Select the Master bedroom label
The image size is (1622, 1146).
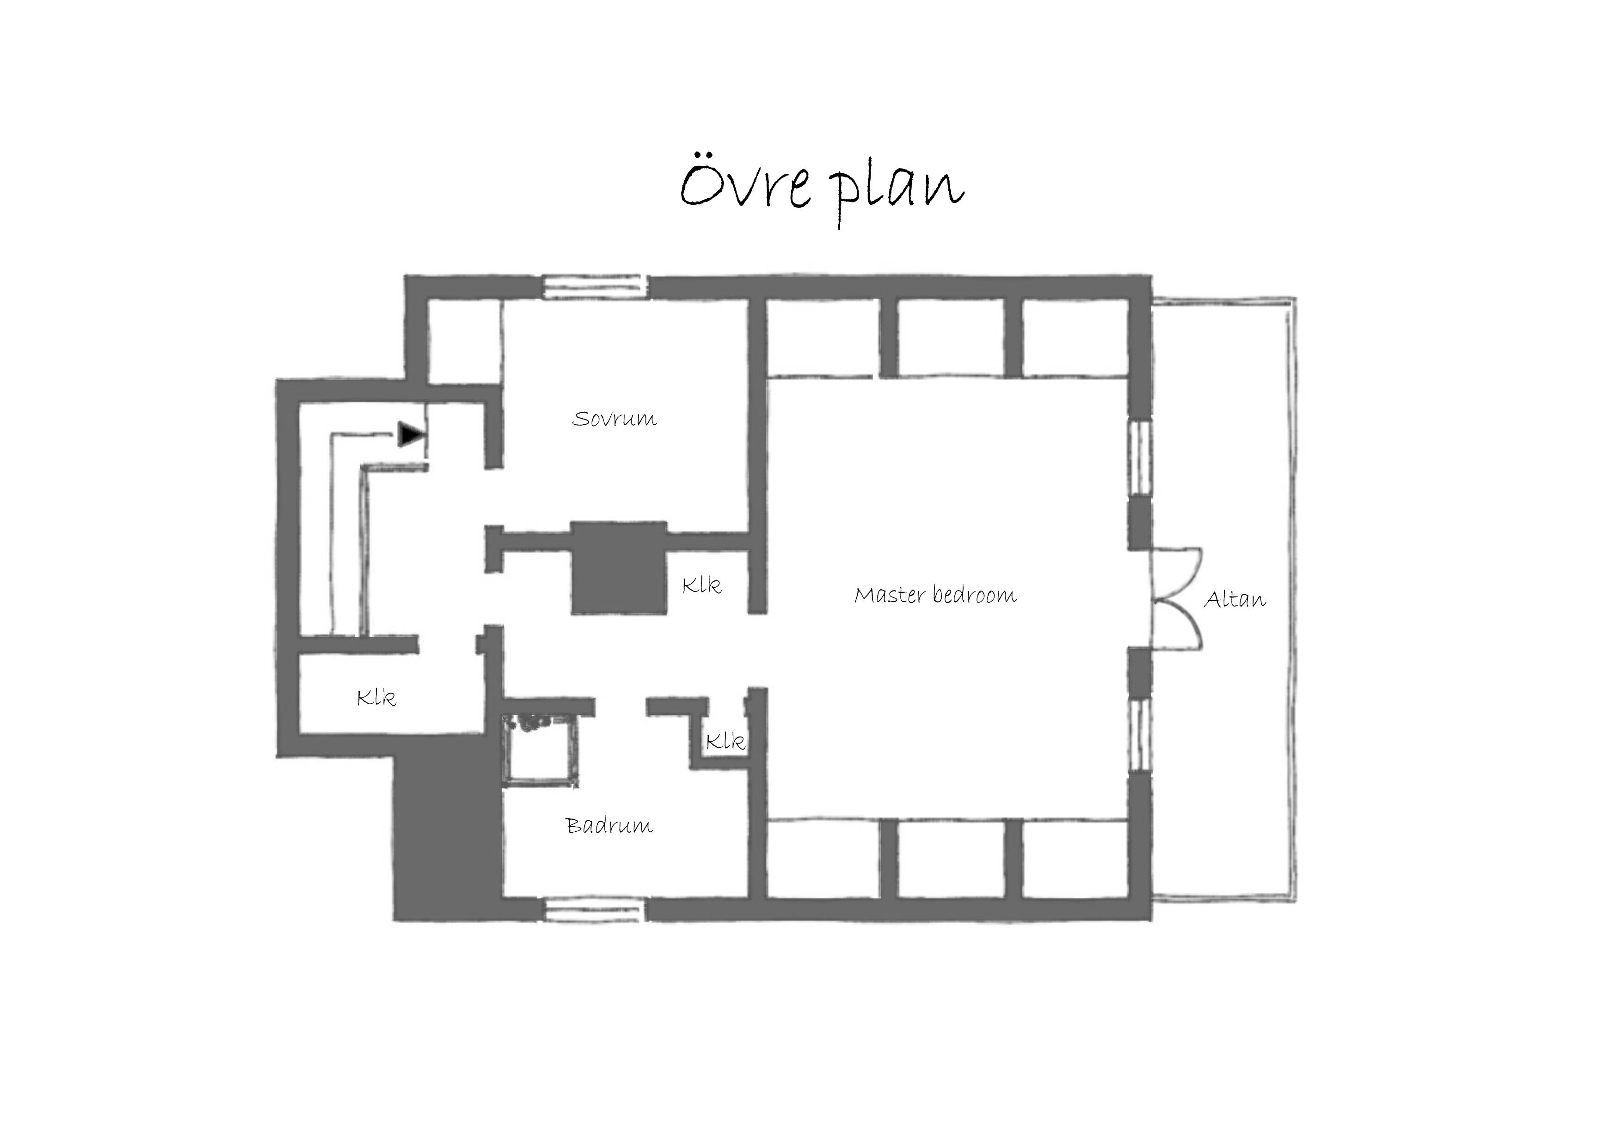tap(935, 595)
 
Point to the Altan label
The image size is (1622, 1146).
tap(1235, 599)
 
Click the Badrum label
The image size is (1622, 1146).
tap(609, 825)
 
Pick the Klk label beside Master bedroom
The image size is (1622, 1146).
tap(701, 585)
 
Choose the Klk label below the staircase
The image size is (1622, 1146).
tap(376, 698)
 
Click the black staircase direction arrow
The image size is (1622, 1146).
tap(411, 434)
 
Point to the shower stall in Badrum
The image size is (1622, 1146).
tap(541, 749)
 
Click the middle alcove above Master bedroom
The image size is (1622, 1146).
tap(951, 337)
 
